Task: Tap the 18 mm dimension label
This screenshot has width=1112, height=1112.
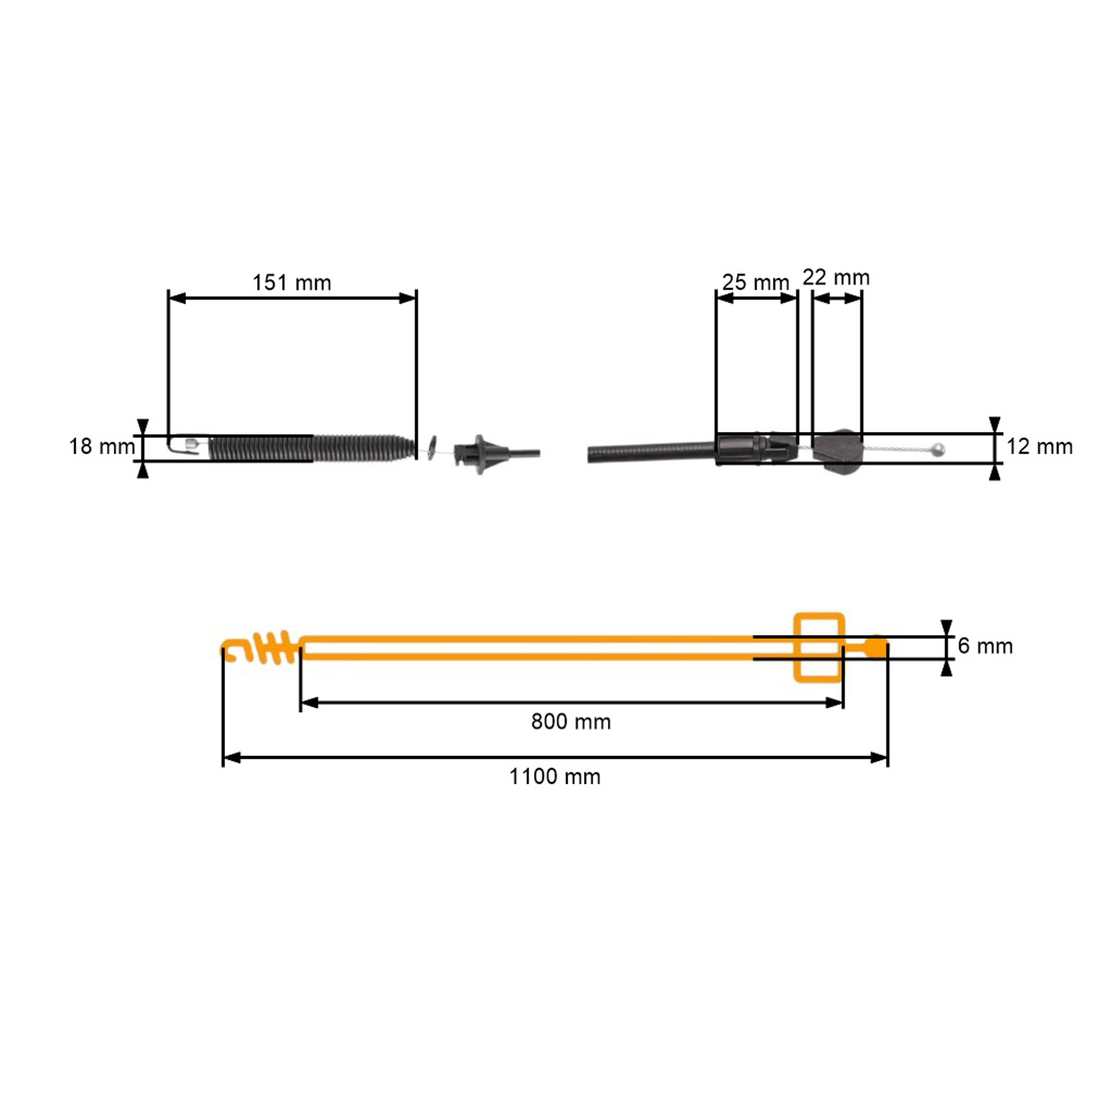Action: click(102, 447)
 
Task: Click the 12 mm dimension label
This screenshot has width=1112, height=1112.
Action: click(1039, 447)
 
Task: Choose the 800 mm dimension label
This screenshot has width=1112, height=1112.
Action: click(571, 722)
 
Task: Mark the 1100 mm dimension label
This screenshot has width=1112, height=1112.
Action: click(555, 777)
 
